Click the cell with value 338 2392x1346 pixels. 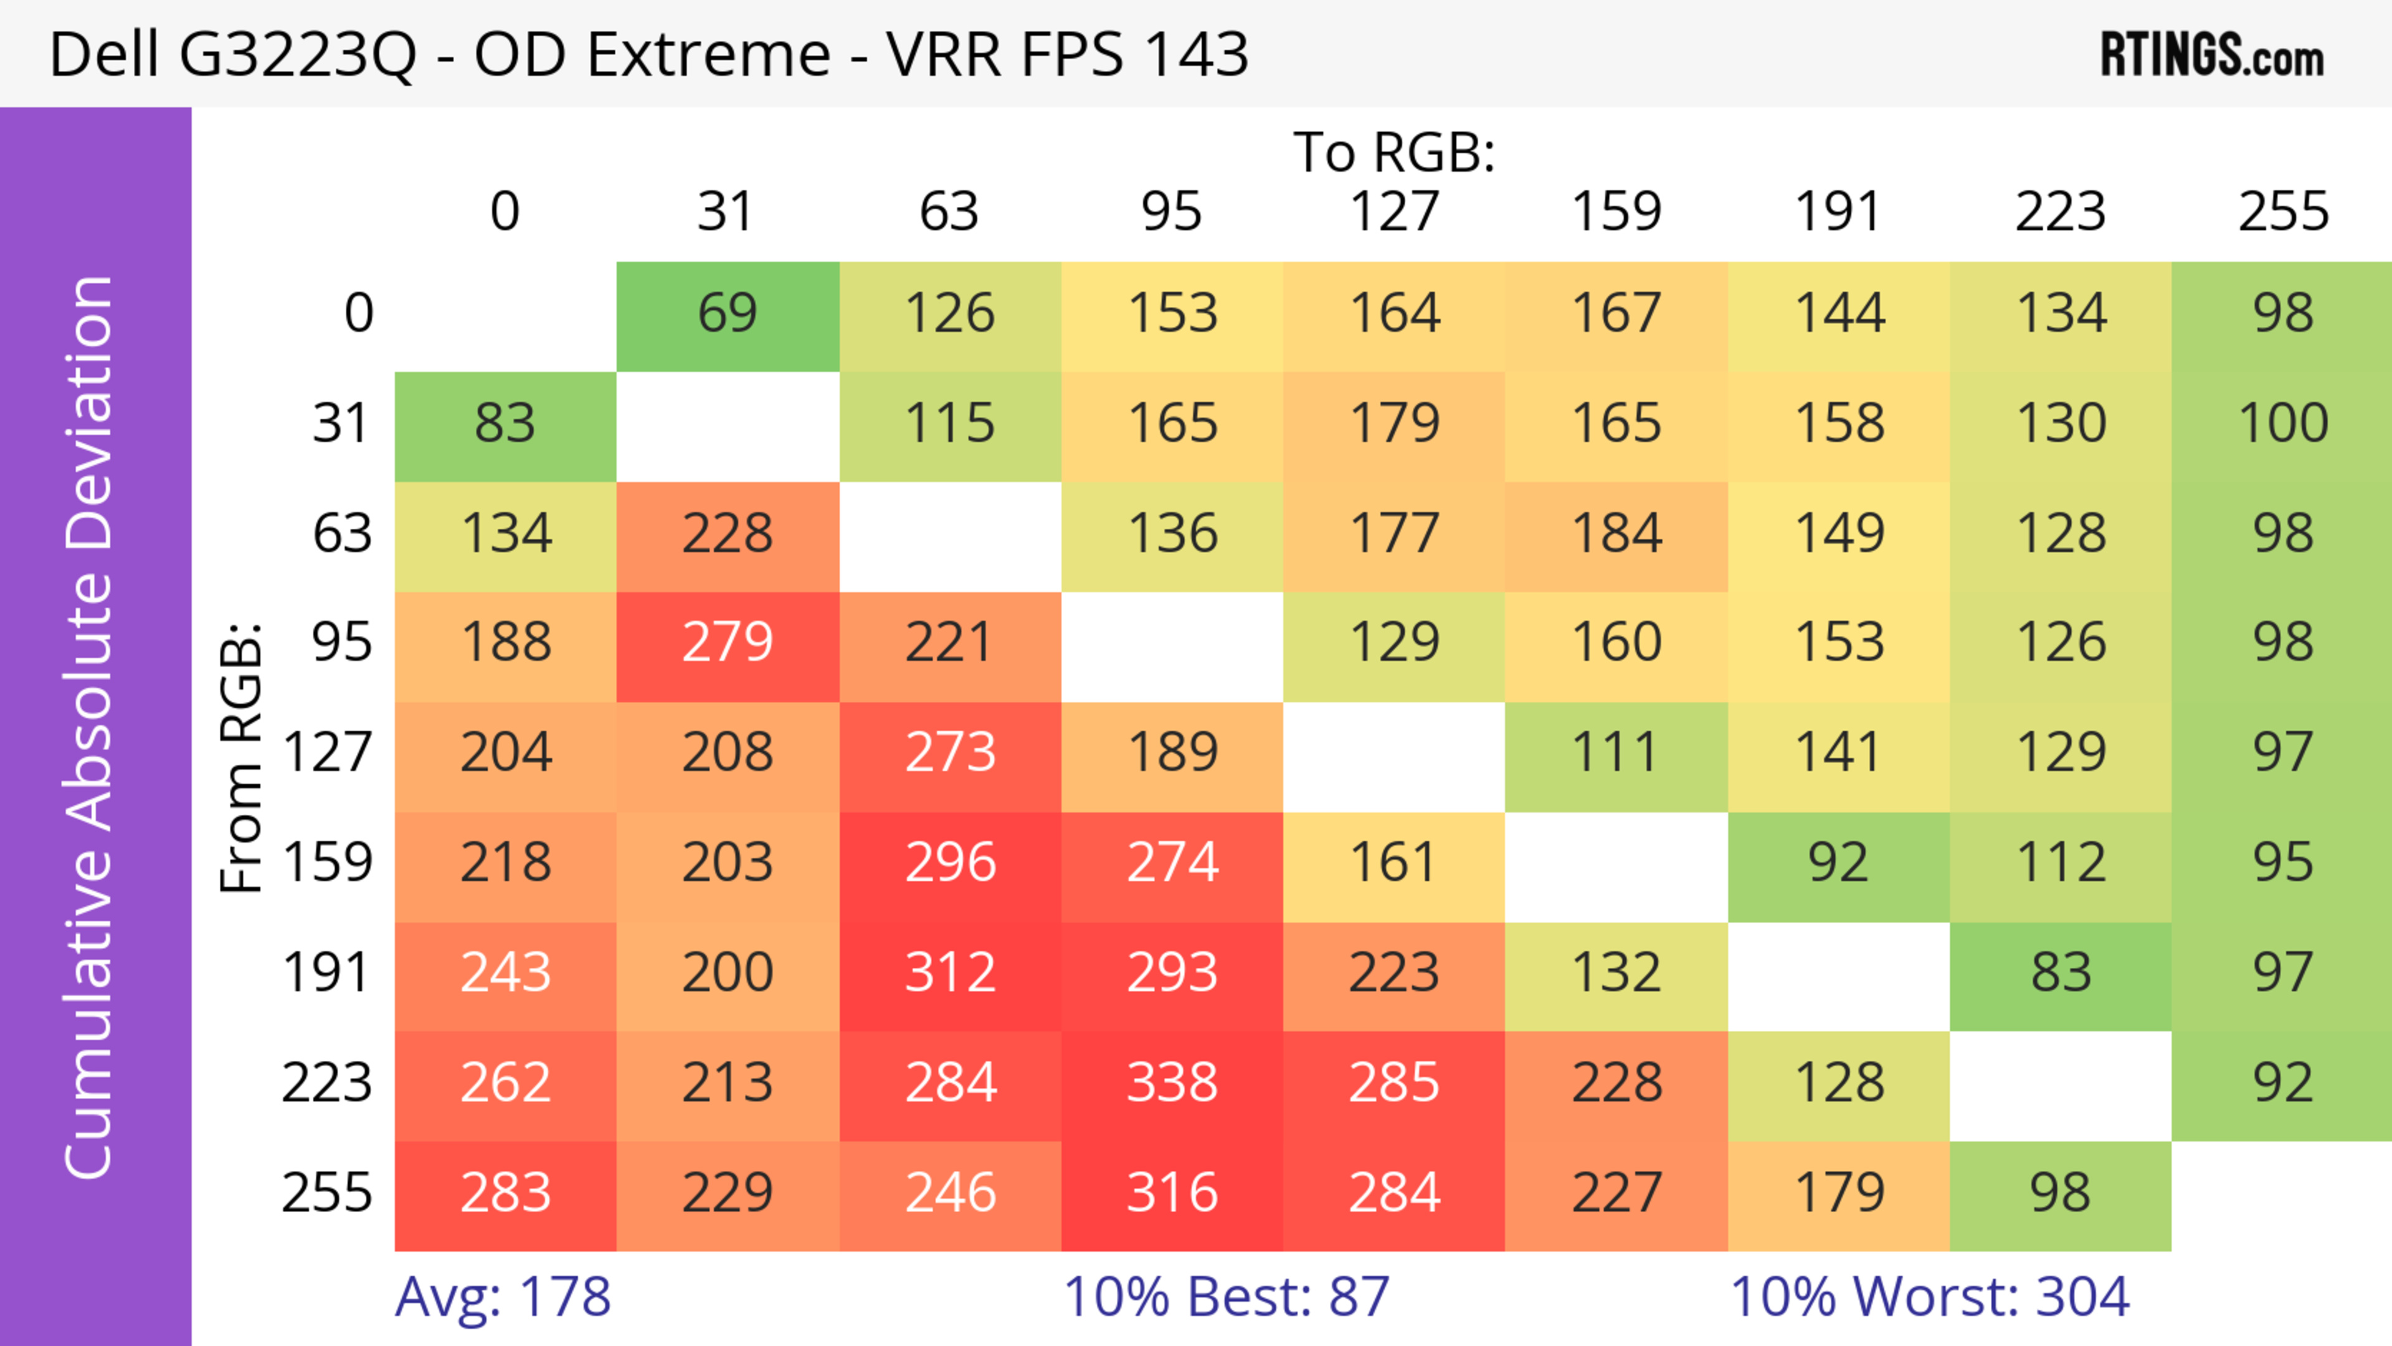click(1172, 1083)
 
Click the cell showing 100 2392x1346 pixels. click(2282, 424)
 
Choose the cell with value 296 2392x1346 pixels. click(950, 863)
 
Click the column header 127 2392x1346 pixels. click(1394, 212)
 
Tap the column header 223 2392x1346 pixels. click(2061, 212)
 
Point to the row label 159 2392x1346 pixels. click(327, 863)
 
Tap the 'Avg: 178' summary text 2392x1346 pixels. click(502, 1297)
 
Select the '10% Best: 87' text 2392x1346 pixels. click(1226, 1297)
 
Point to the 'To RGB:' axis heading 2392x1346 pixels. click(1394, 152)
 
